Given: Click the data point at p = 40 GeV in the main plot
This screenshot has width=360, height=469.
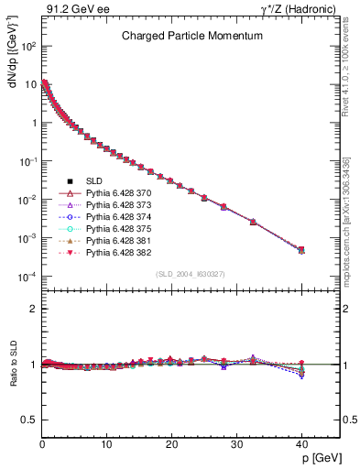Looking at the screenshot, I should [x=301, y=249].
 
